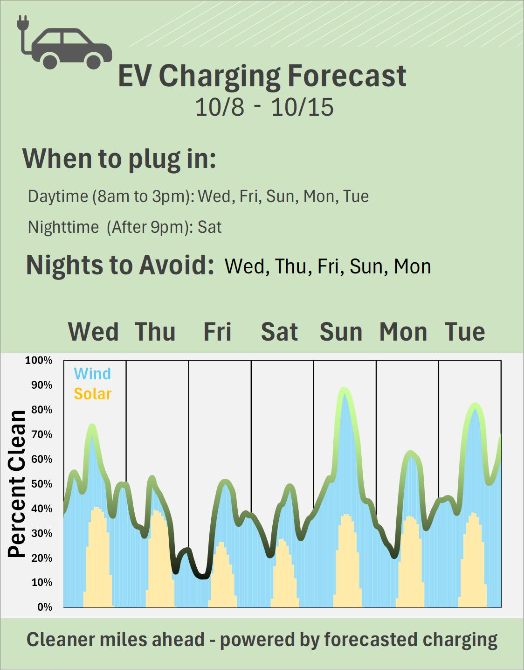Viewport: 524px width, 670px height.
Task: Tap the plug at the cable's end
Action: click(x=22, y=23)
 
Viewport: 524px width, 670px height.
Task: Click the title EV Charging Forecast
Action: click(x=262, y=76)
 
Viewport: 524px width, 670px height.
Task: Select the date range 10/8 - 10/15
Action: click(x=264, y=107)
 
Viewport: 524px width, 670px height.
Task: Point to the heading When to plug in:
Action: click(x=119, y=159)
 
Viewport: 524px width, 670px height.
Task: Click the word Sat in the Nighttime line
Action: click(x=209, y=227)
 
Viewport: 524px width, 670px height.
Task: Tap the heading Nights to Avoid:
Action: click(x=120, y=265)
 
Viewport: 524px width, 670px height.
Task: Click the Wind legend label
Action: click(x=92, y=374)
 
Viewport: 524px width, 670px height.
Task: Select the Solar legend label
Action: click(x=93, y=394)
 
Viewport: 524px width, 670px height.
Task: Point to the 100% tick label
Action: click(x=39, y=360)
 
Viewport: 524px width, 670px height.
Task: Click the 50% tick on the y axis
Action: click(x=41, y=484)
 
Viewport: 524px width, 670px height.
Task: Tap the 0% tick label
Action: click(x=45, y=607)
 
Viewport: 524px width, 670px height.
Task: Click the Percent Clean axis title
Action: click(x=17, y=484)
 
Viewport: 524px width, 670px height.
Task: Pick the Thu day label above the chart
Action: click(x=155, y=332)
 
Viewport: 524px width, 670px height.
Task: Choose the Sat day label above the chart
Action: click(x=279, y=332)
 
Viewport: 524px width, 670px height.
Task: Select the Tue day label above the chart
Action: click(x=465, y=332)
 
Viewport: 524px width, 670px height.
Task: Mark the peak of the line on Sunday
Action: click(x=344, y=390)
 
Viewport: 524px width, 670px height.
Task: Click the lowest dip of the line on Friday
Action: click(x=203, y=577)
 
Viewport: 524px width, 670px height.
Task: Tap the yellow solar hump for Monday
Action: click(x=410, y=560)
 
